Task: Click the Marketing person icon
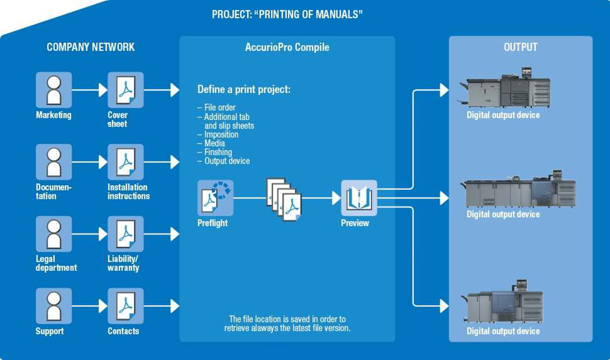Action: click(x=54, y=90)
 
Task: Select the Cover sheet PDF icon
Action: click(x=125, y=90)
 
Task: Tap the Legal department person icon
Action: click(x=54, y=234)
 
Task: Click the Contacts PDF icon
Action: click(x=125, y=306)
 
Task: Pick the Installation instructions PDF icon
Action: click(x=125, y=162)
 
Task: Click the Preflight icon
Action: click(x=215, y=198)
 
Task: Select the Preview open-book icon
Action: click(x=358, y=198)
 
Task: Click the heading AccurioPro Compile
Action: click(x=287, y=47)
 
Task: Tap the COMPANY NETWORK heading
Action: click(x=91, y=47)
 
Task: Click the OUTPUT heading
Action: click(x=520, y=47)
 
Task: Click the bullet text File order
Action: click(x=220, y=108)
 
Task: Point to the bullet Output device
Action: click(x=227, y=161)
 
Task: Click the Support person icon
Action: click(x=54, y=306)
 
